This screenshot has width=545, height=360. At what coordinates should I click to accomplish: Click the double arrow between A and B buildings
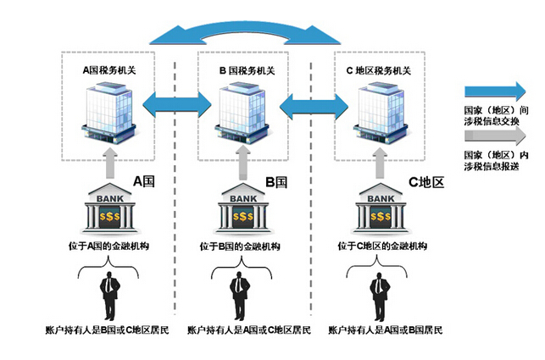(x=175, y=106)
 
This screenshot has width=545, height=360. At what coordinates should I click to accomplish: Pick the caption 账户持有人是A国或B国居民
(x=381, y=328)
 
